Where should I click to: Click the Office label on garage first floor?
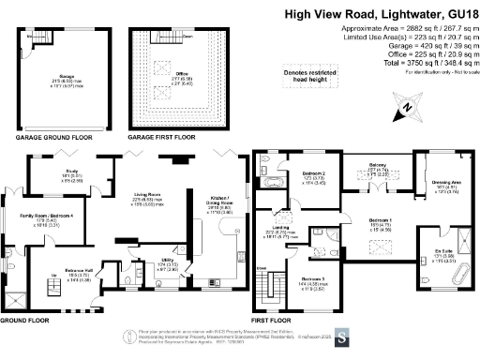[x=185, y=71]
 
